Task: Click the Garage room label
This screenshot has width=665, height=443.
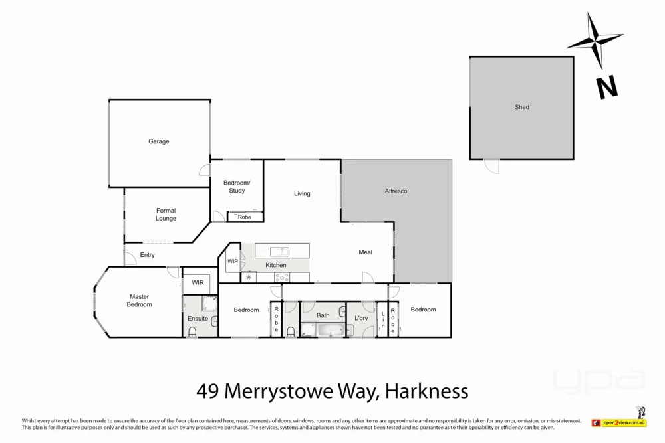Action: (158, 141)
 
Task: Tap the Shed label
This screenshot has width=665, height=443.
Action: (521, 107)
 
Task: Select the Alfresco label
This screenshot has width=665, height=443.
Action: (396, 191)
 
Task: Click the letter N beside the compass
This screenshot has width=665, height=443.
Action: (606, 87)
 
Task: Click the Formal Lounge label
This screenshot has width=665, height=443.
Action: (166, 215)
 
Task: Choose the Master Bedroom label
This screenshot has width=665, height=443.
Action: (139, 300)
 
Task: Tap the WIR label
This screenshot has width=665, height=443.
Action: (198, 283)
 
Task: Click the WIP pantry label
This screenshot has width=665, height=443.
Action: (233, 262)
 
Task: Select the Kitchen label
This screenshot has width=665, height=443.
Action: (276, 265)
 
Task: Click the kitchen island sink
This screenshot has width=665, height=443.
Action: (280, 251)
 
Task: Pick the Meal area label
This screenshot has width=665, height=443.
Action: (365, 252)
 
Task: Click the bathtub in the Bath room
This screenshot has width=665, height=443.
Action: (331, 329)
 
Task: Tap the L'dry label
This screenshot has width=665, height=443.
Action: (361, 319)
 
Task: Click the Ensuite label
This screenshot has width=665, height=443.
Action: (198, 319)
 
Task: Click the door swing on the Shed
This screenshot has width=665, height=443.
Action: (491, 166)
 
